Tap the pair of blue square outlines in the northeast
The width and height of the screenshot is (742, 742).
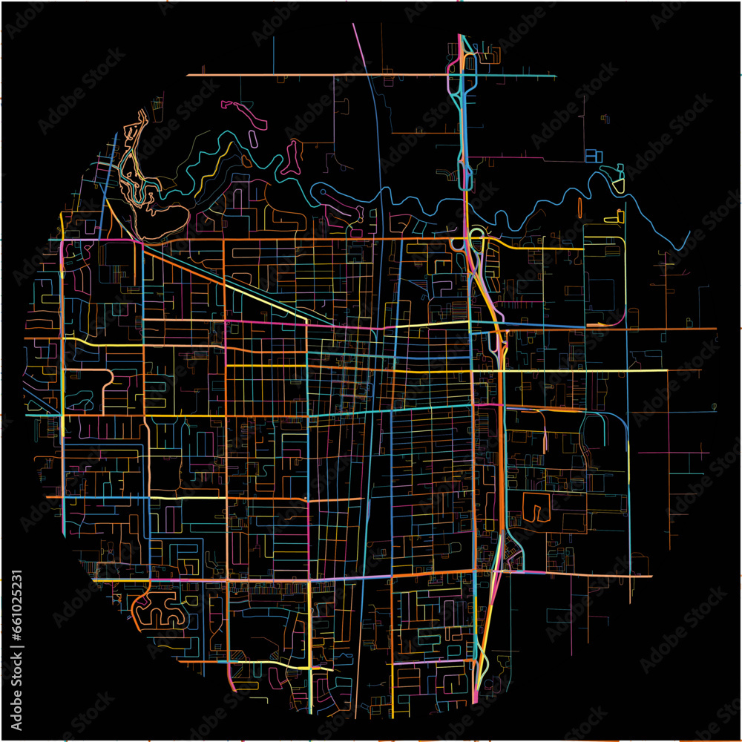click(594, 156)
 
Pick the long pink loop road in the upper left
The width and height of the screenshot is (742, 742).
click(245, 111)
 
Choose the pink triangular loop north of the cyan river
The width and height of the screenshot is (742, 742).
click(292, 156)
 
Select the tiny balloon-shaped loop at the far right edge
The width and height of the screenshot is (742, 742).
click(714, 406)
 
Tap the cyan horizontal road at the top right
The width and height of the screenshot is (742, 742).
click(519, 76)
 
